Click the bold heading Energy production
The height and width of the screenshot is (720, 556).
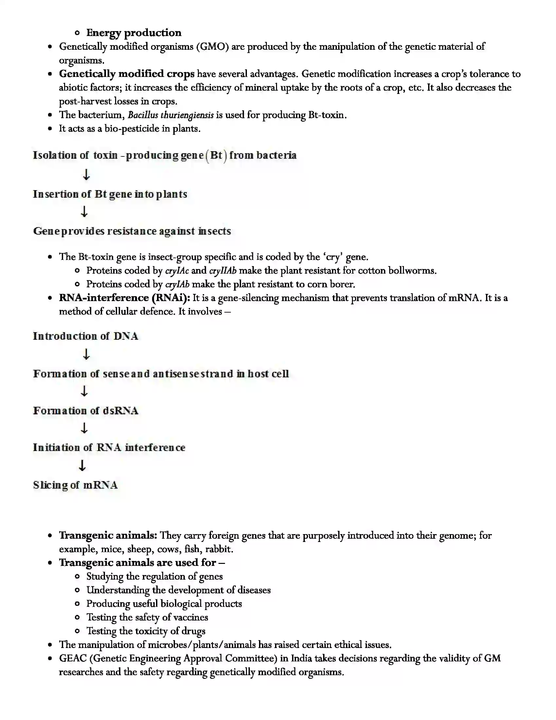coord(133,33)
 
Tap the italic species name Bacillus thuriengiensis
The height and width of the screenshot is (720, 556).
coord(170,115)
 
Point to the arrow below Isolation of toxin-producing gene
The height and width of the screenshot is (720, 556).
coord(86,174)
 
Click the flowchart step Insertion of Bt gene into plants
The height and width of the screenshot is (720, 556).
coord(110,194)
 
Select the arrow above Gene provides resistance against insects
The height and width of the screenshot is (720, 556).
coord(84,211)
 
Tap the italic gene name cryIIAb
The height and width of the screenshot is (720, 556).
coord(223,271)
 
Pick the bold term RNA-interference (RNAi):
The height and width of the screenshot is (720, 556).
coord(125,298)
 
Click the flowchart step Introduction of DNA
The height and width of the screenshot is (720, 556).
coord(85,336)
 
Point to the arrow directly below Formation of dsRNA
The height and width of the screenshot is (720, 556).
coord(84,428)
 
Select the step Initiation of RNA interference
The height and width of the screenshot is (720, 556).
coord(109,447)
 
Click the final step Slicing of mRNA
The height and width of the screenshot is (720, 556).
coord(76,485)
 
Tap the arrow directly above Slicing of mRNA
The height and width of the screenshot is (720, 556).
coord(82,465)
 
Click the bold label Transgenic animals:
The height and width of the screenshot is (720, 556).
coord(108,535)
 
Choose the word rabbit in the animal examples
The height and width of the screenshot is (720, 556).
coord(218,549)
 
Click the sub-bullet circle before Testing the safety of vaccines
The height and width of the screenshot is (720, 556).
coord(78,617)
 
